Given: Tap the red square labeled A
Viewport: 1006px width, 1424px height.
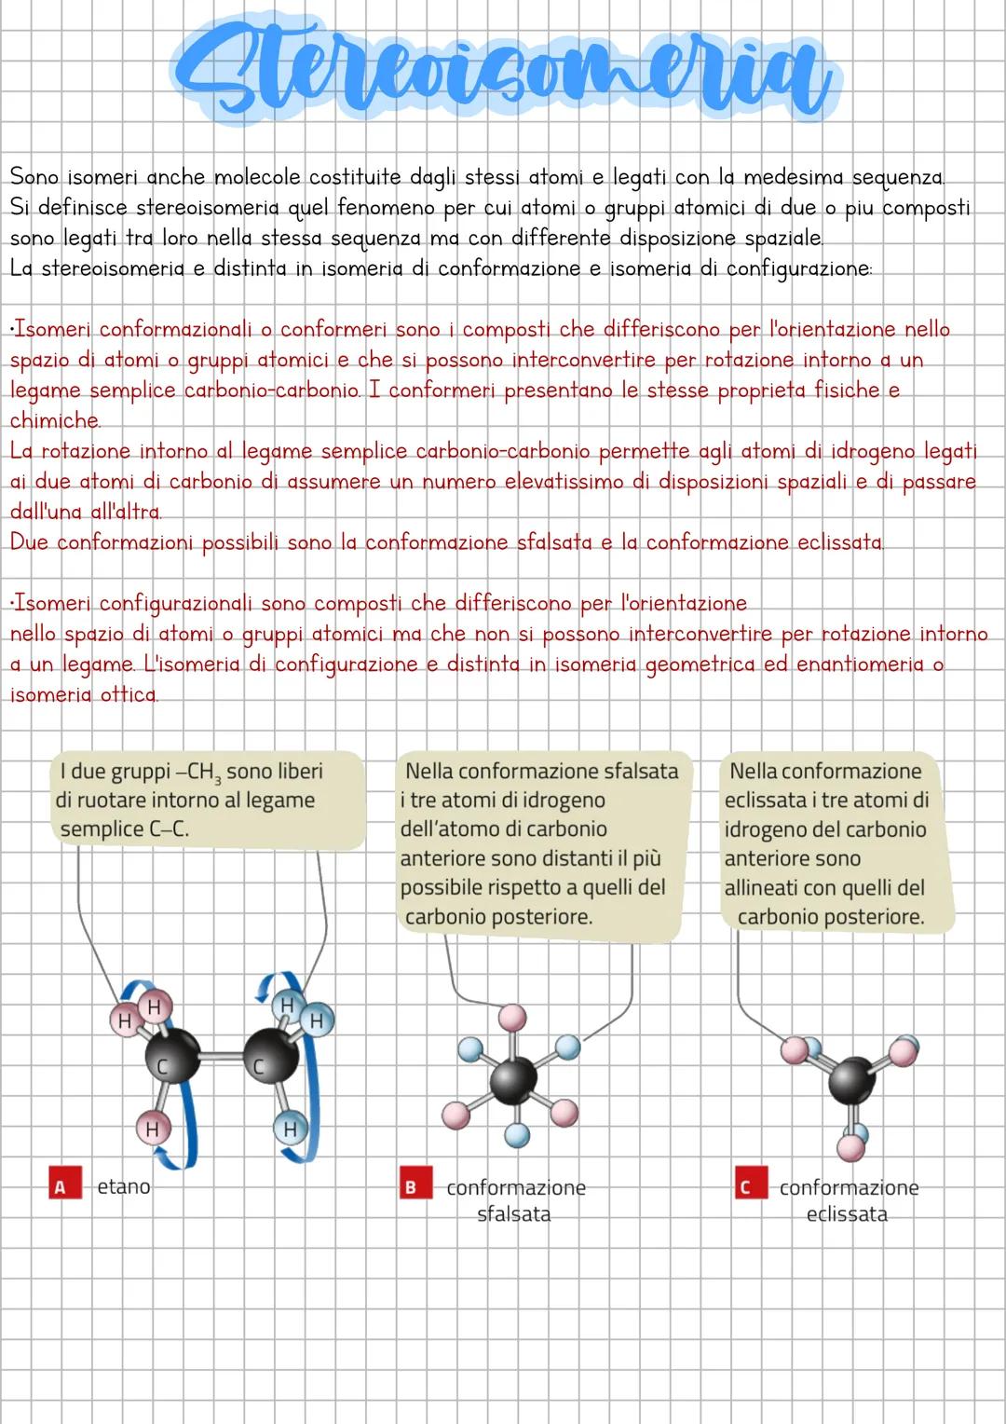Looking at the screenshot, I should point(61,1186).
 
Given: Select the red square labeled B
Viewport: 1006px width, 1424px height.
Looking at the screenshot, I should point(410,1187).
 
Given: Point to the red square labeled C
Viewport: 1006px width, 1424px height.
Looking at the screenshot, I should point(744,1187).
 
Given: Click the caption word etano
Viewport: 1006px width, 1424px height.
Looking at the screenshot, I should point(124,1186).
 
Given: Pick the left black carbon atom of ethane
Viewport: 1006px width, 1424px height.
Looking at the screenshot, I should point(172,1060).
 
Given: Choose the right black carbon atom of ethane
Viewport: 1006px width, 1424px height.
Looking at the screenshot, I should point(271,1060).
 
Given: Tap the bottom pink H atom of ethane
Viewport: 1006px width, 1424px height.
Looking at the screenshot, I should point(152,1129).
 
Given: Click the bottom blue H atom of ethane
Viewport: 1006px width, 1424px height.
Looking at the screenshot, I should point(290,1129).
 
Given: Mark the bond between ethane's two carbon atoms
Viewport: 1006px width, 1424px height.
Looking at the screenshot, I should point(222,1058).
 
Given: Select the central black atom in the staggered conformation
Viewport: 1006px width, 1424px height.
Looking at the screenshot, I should point(513,1078).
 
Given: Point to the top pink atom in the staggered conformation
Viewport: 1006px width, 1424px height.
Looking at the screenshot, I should point(512,1018).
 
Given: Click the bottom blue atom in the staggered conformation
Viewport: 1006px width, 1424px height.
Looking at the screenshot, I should point(517,1134).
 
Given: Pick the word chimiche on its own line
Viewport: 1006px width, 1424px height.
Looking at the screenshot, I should point(54,420).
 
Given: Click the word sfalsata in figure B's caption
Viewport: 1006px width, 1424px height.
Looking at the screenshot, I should point(513,1214).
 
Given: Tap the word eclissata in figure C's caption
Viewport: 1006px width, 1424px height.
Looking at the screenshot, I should point(847,1214).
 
